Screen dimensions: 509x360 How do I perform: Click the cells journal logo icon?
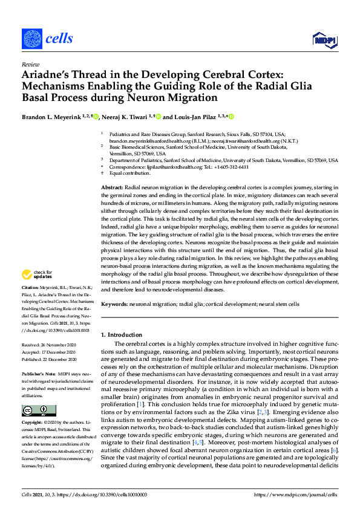[x=31, y=39]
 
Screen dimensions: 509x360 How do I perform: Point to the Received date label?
[x=32, y=345]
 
